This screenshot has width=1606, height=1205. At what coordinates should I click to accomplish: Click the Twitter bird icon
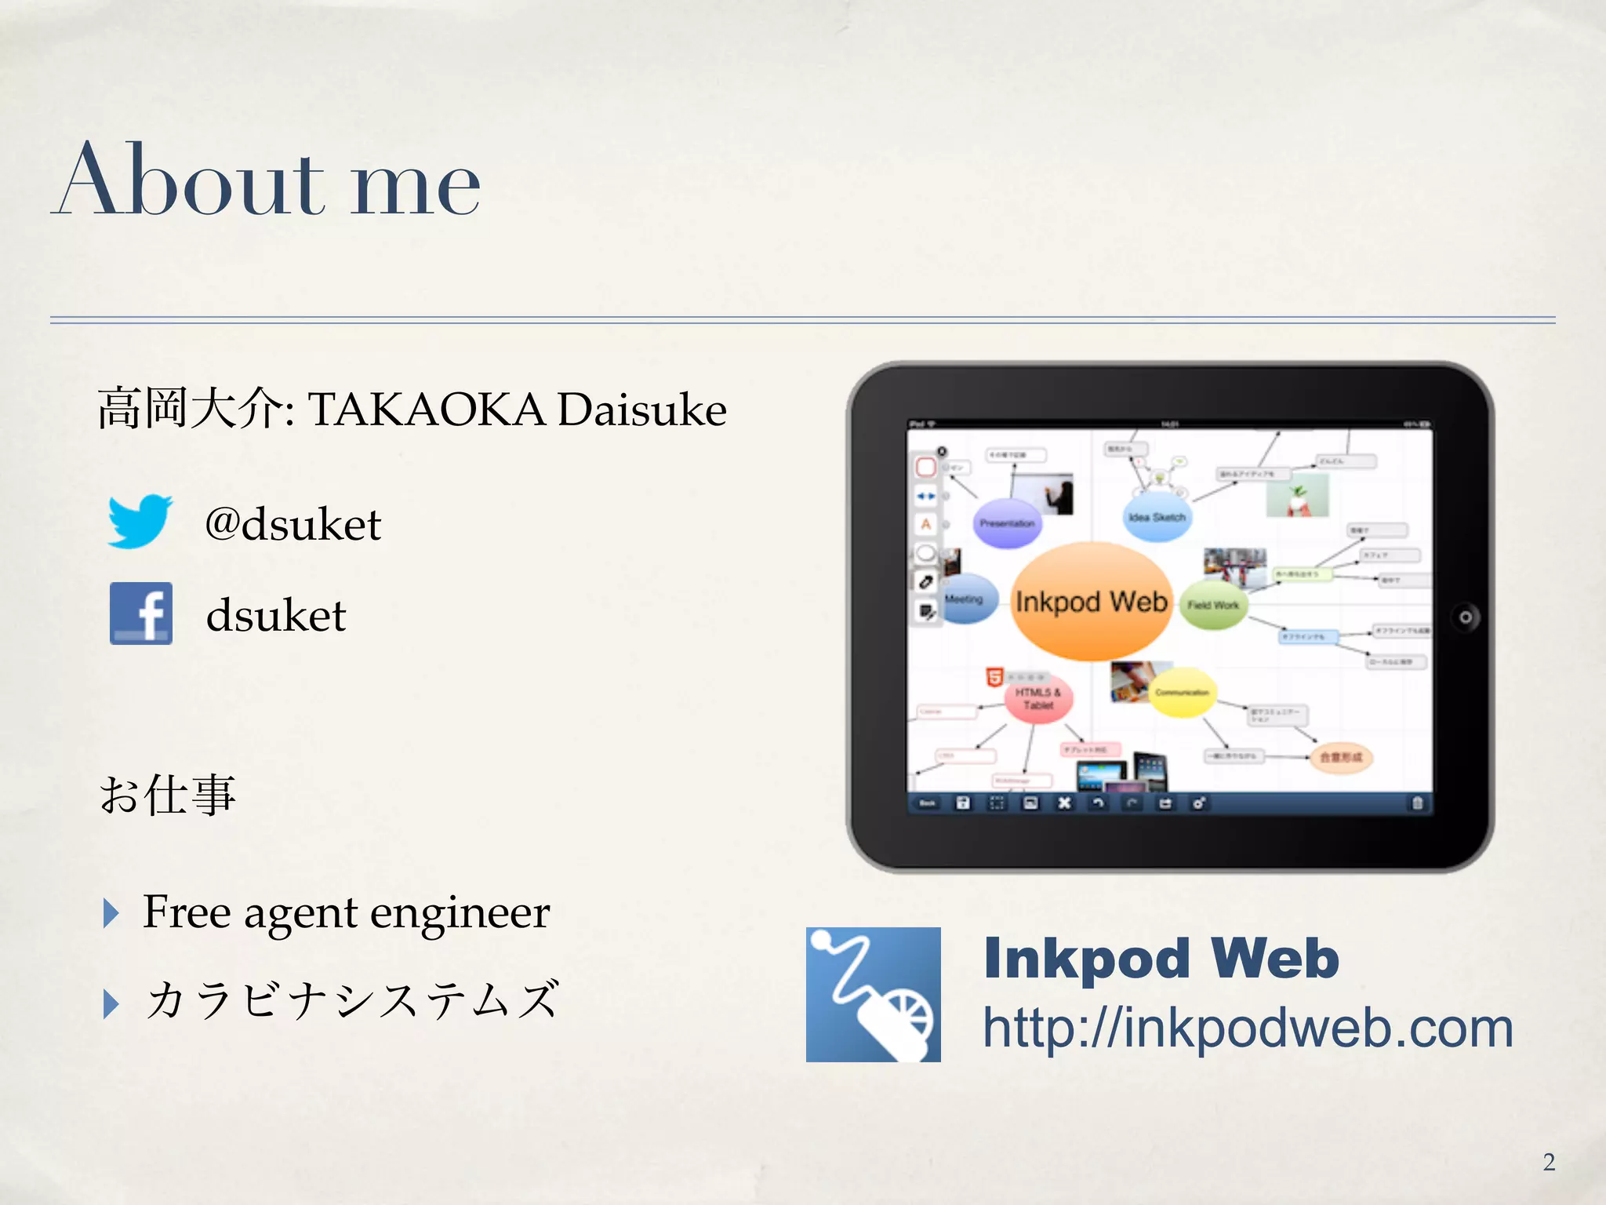[140, 521]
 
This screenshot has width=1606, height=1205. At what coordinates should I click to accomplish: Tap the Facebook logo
[141, 613]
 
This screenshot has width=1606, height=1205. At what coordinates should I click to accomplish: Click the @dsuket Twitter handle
[292, 524]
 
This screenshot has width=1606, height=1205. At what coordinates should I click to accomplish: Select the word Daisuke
[642, 410]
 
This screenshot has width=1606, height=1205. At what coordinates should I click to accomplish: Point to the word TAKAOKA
[427, 410]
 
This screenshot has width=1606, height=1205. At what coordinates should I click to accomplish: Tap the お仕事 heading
[167, 794]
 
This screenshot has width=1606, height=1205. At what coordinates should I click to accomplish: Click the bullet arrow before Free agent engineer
[111, 913]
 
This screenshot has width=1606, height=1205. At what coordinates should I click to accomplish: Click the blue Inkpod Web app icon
[873, 994]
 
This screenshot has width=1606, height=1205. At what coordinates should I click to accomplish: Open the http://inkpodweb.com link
[1248, 1028]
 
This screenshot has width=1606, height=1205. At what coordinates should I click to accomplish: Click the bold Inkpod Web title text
[1161, 959]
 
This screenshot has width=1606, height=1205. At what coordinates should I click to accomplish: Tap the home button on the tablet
[1465, 617]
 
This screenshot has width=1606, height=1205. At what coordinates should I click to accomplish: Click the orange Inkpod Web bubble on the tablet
[1092, 602]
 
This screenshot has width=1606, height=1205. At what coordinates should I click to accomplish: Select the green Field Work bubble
[1213, 605]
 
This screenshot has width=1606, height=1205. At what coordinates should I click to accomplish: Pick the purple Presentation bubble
[1007, 522]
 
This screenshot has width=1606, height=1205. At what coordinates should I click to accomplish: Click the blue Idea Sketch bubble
[1157, 517]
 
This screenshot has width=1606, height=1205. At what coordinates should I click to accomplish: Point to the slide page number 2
[1549, 1162]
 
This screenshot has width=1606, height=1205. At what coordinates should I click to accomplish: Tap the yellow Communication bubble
[1182, 692]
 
